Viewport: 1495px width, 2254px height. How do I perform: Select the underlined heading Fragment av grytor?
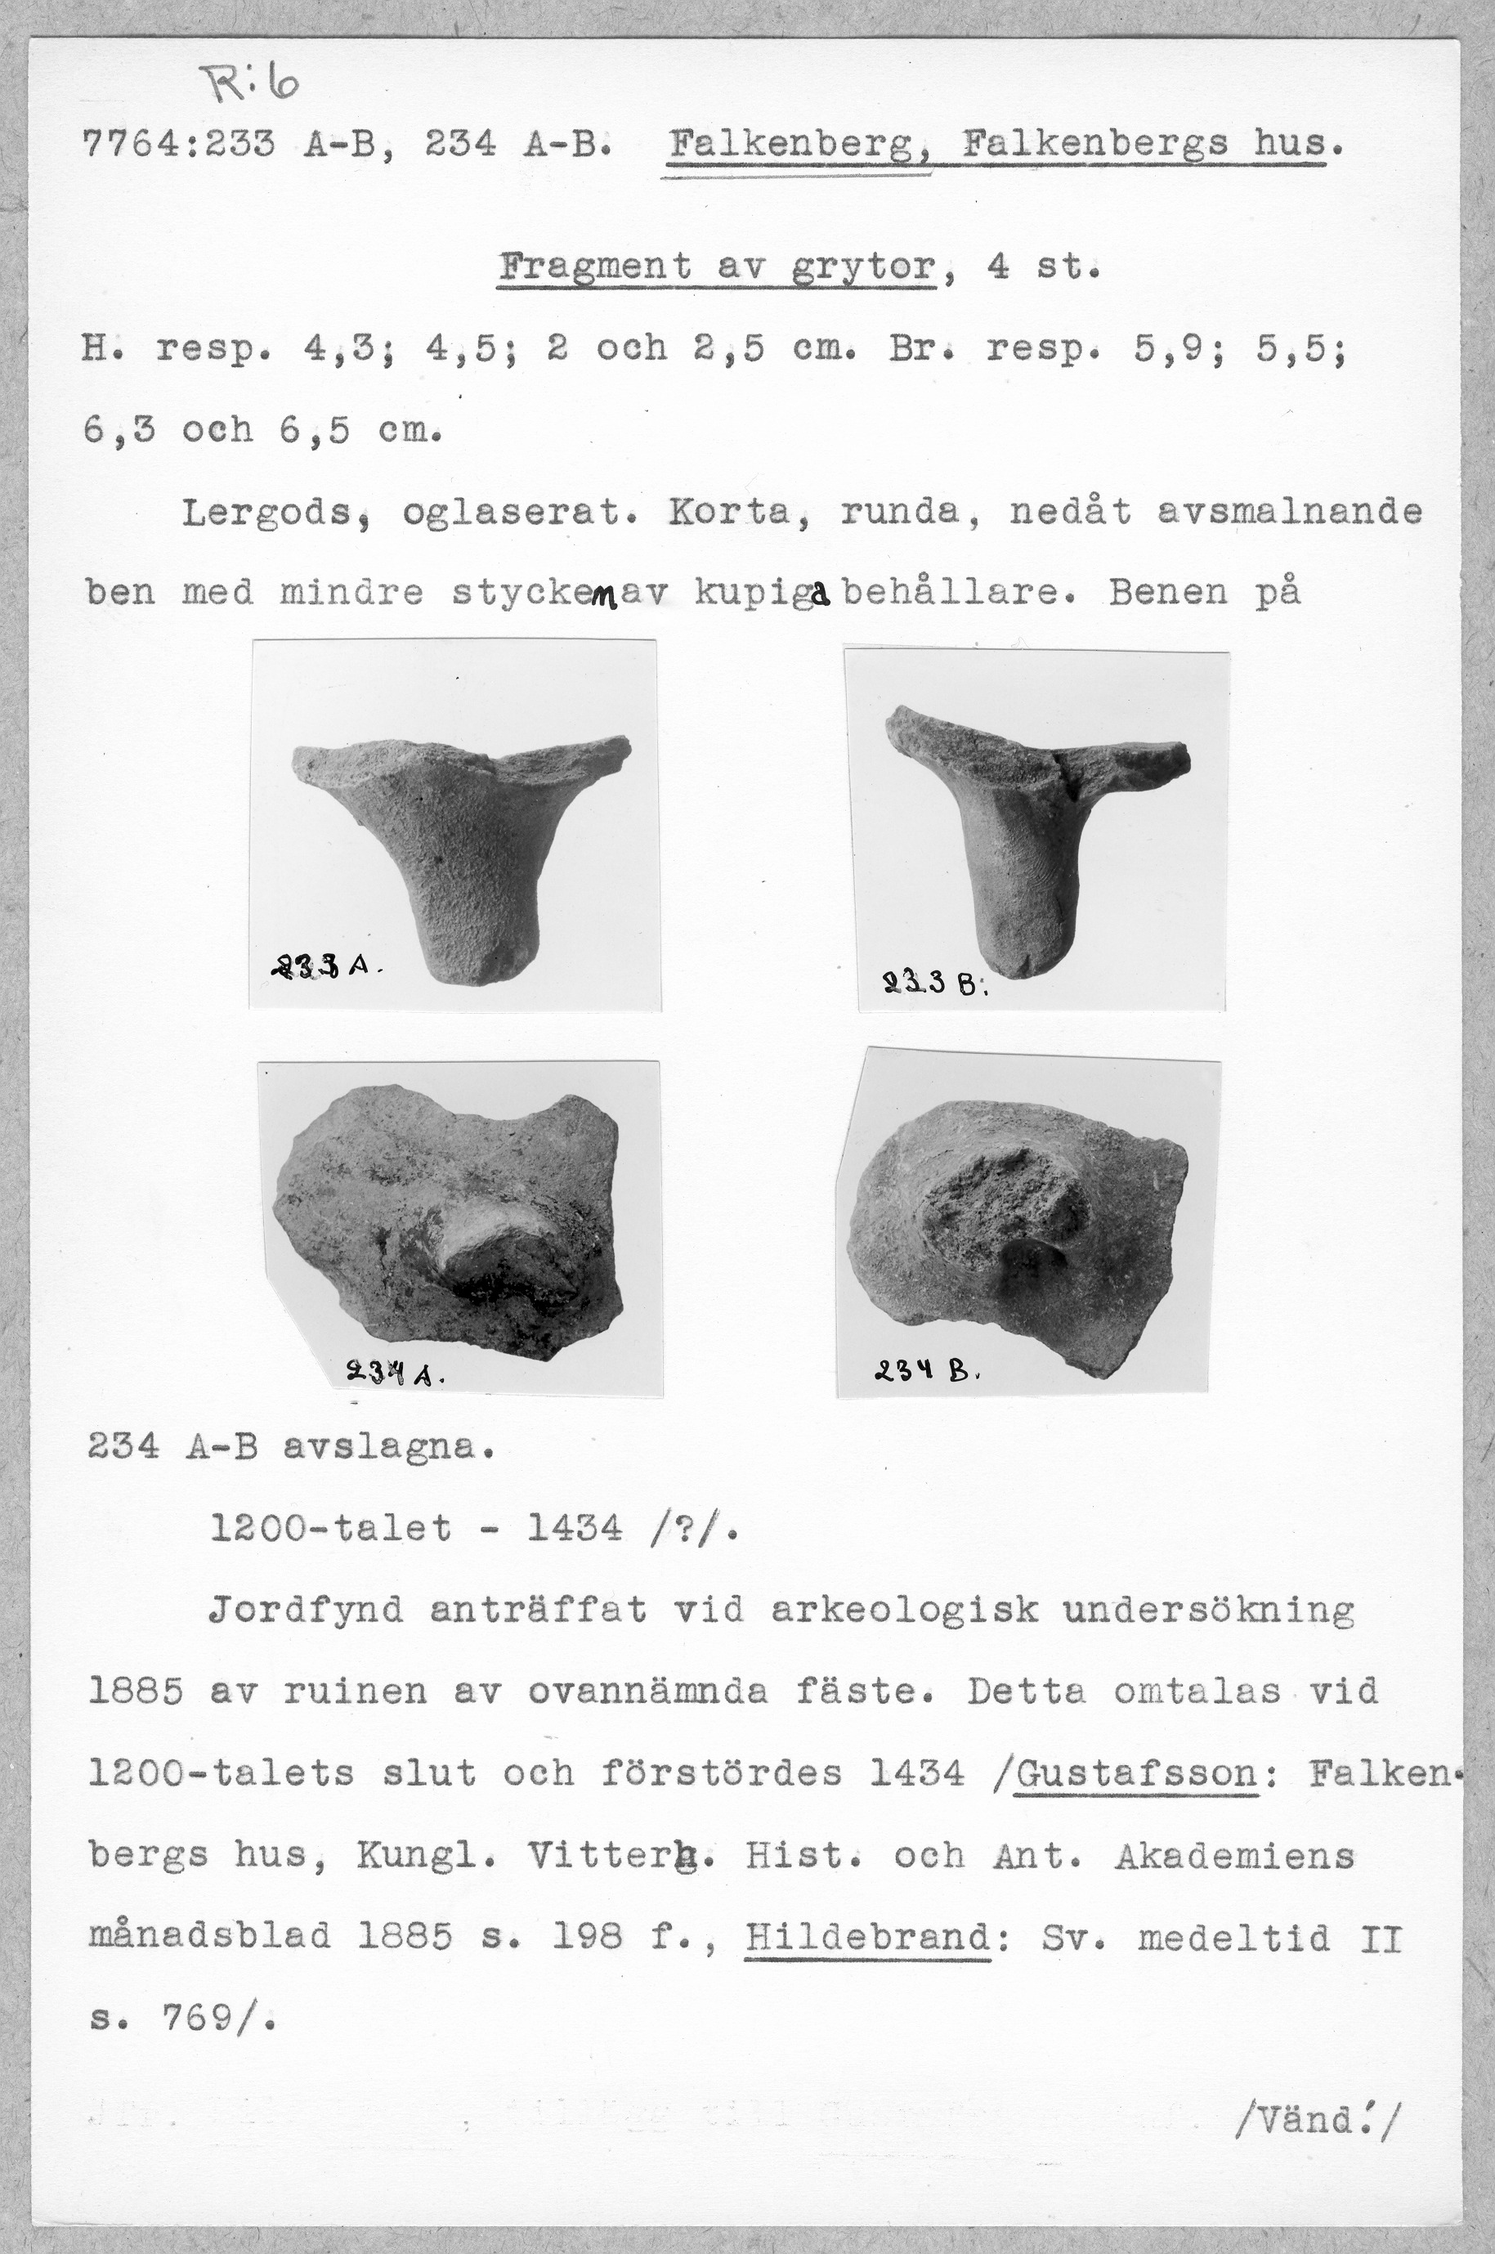coord(718,266)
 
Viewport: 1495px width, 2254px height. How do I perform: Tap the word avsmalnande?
coord(1290,513)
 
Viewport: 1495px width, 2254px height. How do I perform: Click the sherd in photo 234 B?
coord(1014,1221)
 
